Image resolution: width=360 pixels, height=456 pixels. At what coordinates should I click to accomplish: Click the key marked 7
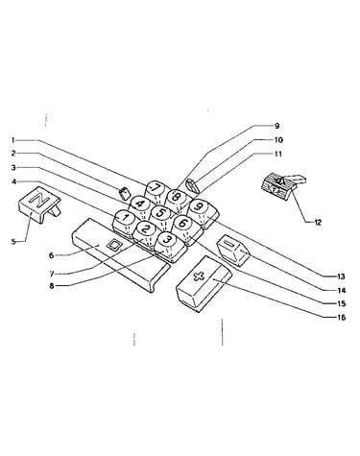(156, 190)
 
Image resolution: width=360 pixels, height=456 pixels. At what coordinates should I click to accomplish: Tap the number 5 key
(160, 215)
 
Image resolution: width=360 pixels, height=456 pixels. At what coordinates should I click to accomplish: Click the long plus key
(204, 282)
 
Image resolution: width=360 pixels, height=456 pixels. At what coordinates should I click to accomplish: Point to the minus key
(233, 251)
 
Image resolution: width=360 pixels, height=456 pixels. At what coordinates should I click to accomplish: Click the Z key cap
(38, 204)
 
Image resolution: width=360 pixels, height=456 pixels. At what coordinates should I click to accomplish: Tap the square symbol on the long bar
(113, 246)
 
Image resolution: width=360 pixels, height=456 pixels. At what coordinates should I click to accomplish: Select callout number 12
(318, 223)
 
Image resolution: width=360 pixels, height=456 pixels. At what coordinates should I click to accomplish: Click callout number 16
(341, 318)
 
